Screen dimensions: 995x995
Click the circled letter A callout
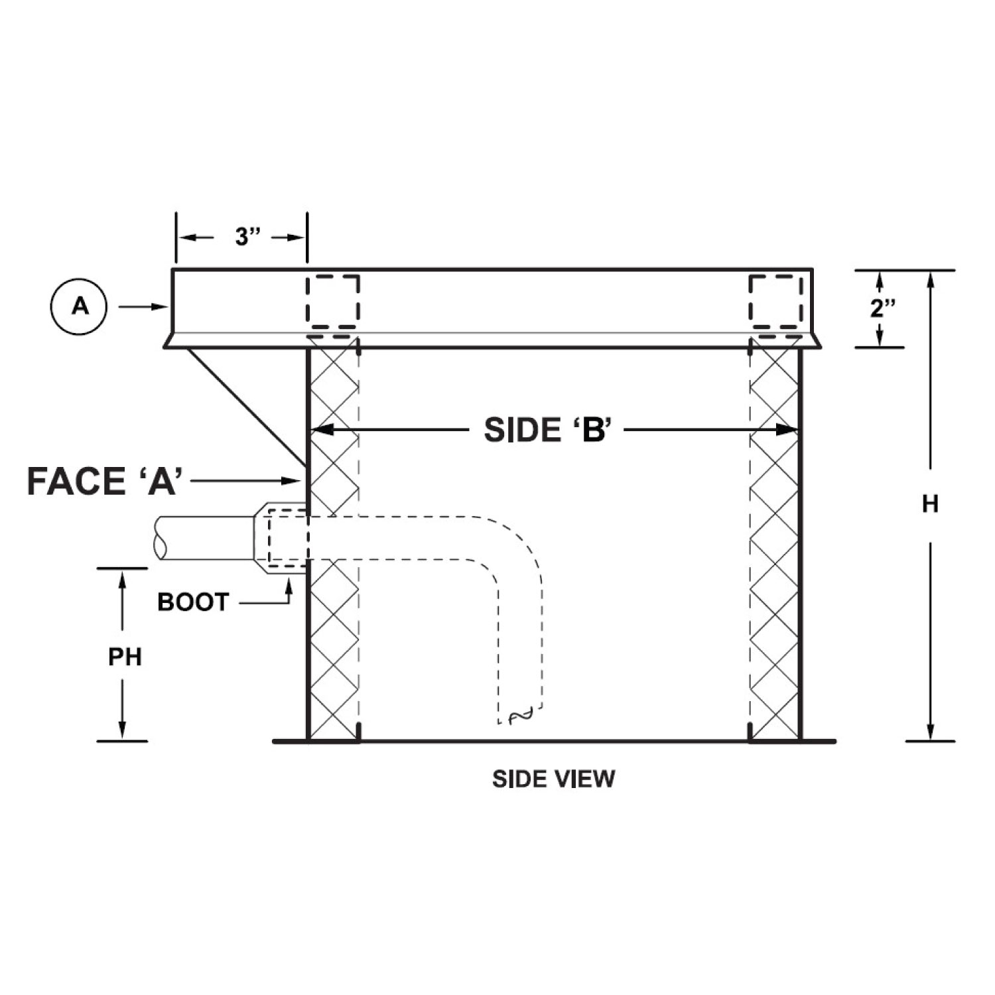tap(79, 306)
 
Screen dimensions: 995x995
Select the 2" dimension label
tap(883, 308)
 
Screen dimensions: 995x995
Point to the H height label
tap(930, 504)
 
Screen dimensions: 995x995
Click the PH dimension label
tap(125, 657)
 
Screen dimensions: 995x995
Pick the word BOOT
tap(193, 602)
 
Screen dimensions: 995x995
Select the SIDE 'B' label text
tap(546, 431)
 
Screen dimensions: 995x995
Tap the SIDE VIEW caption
tap(553, 779)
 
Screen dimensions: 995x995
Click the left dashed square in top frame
tap(332, 301)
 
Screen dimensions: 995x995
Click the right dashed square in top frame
tap(775, 301)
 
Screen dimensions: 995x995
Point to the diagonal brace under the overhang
tap(245, 405)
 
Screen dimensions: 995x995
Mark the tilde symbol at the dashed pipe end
tap(519, 715)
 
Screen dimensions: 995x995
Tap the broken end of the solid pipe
tap(159, 538)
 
